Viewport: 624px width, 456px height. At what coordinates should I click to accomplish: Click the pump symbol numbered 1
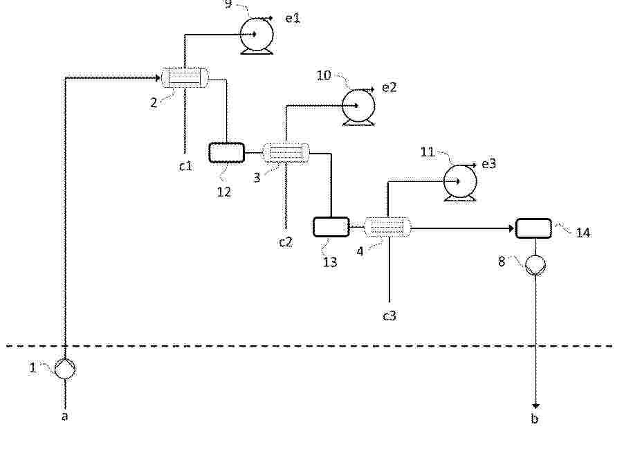[65, 369]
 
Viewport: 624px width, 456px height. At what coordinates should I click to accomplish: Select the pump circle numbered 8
[535, 265]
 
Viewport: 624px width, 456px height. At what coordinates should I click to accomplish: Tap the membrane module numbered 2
[185, 77]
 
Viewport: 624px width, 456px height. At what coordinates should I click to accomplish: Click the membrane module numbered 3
[286, 153]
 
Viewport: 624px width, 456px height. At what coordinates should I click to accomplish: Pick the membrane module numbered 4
[387, 228]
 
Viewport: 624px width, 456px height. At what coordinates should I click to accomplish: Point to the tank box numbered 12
[227, 152]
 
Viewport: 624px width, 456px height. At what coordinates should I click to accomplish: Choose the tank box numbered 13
[331, 227]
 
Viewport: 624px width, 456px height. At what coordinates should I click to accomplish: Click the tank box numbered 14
[533, 228]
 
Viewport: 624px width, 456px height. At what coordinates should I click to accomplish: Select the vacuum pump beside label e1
[257, 35]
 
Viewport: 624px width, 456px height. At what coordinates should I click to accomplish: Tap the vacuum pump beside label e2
[358, 107]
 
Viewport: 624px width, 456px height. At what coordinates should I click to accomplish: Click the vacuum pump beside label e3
[459, 182]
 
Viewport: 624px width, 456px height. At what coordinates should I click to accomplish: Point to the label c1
[185, 166]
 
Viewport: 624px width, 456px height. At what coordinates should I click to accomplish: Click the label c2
[286, 241]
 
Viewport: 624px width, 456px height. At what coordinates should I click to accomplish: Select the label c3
[389, 316]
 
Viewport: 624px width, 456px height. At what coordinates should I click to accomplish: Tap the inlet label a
[65, 417]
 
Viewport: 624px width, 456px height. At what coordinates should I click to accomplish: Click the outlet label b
[535, 418]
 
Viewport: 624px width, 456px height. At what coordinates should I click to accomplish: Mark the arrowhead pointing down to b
[535, 406]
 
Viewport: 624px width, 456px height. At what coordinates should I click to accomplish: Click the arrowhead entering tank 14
[512, 229]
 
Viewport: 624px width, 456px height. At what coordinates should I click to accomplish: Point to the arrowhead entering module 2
[158, 78]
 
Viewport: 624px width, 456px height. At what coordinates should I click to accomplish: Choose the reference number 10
[324, 75]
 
